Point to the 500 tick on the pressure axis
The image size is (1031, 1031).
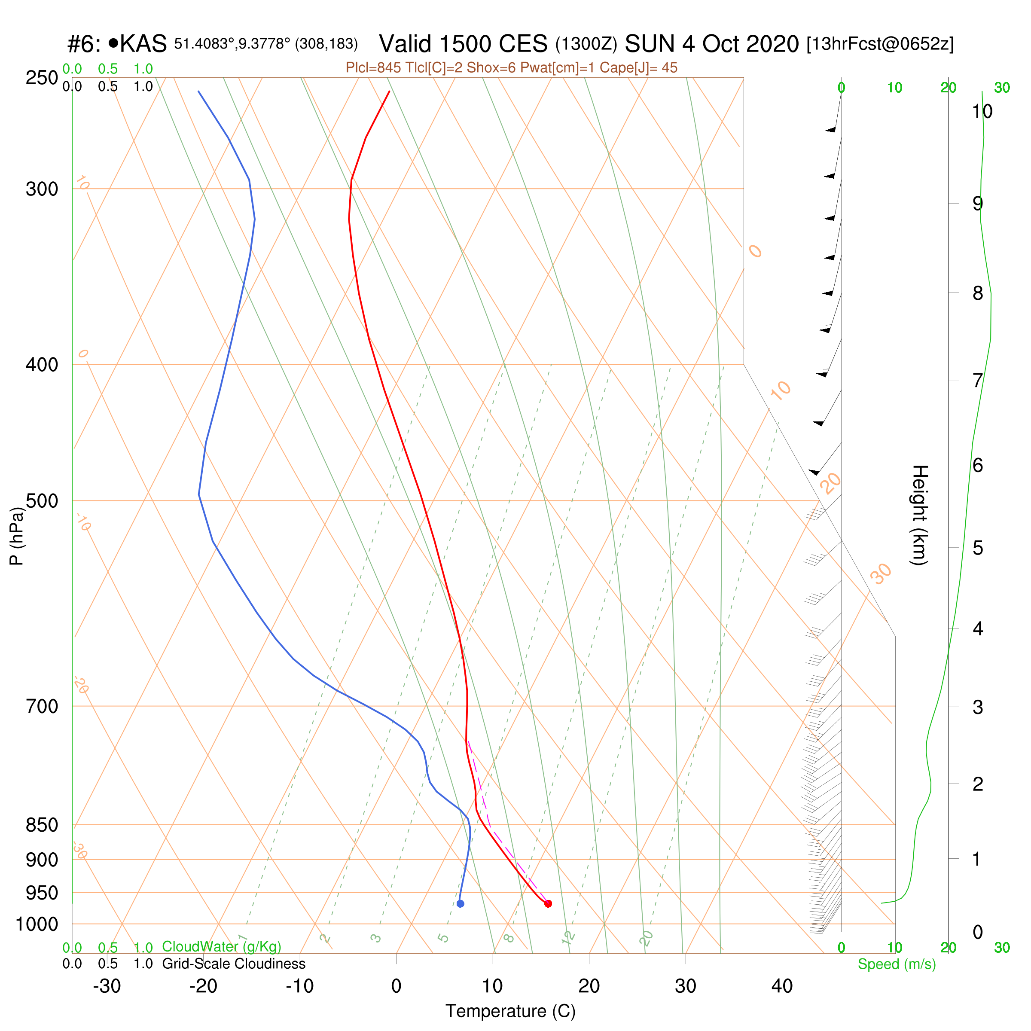[x=42, y=501]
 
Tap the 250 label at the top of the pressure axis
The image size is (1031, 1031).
[x=42, y=78]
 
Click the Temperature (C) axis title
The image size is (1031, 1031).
[x=511, y=1011]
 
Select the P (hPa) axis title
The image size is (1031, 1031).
[x=17, y=536]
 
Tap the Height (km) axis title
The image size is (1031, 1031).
[x=919, y=515]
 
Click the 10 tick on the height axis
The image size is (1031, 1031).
[x=982, y=112]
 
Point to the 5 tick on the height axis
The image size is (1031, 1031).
[x=978, y=548]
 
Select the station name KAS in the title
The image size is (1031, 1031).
[x=143, y=44]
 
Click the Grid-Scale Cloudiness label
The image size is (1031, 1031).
[x=234, y=964]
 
